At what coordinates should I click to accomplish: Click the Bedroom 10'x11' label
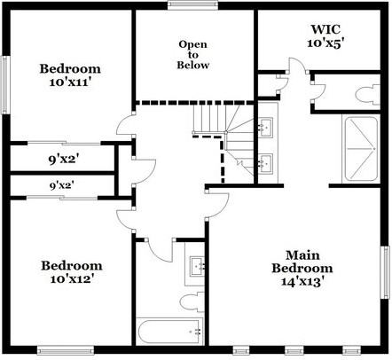[70, 76]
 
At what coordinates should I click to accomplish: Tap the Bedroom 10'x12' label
[70, 272]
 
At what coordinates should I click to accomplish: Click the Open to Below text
[193, 54]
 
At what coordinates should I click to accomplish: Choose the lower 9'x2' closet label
[61, 186]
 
